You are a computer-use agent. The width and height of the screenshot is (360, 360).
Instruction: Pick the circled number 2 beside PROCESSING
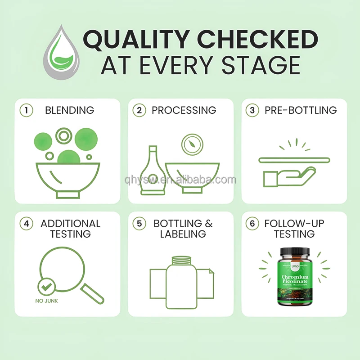tap(140, 110)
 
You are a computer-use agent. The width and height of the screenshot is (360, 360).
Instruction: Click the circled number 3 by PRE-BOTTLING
tap(253, 110)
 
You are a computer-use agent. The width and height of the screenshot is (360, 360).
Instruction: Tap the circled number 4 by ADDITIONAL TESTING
tap(27, 224)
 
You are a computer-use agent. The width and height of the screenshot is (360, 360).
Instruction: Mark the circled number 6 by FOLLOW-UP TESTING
tap(253, 224)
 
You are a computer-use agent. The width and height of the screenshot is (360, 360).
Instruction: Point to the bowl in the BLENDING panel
tap(67, 178)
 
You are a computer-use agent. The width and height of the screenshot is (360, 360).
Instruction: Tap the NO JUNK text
tap(47, 301)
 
